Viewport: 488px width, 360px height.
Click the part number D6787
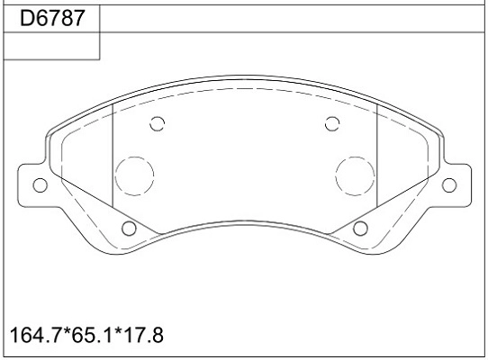pos(52,18)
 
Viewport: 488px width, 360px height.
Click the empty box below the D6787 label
pos(51,46)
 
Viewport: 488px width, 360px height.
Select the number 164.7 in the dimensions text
pos(36,335)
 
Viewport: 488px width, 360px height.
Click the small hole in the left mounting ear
pos(41,185)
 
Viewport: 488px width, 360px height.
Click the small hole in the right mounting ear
pos(448,185)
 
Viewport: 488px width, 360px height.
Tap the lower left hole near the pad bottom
pos(129,229)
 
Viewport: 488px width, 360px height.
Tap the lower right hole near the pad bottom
pos(360,229)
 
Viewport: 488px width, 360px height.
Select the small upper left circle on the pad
pos(158,124)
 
